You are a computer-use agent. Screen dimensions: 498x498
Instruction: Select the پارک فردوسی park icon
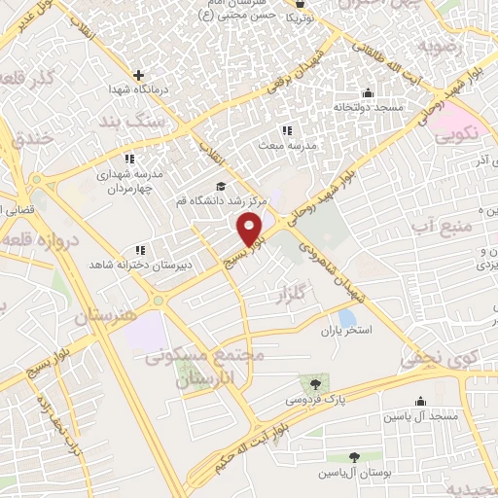tap(311, 382)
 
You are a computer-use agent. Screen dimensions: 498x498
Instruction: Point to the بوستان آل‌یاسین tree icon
tap(354, 457)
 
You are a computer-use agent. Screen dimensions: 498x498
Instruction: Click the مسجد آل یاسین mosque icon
tap(420, 400)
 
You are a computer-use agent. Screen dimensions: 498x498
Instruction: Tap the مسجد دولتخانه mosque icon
tap(367, 93)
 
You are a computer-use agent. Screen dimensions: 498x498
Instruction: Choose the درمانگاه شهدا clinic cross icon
tap(139, 74)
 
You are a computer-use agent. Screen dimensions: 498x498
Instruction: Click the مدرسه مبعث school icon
tap(286, 129)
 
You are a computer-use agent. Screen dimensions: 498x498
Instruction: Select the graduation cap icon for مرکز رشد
tap(220, 186)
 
